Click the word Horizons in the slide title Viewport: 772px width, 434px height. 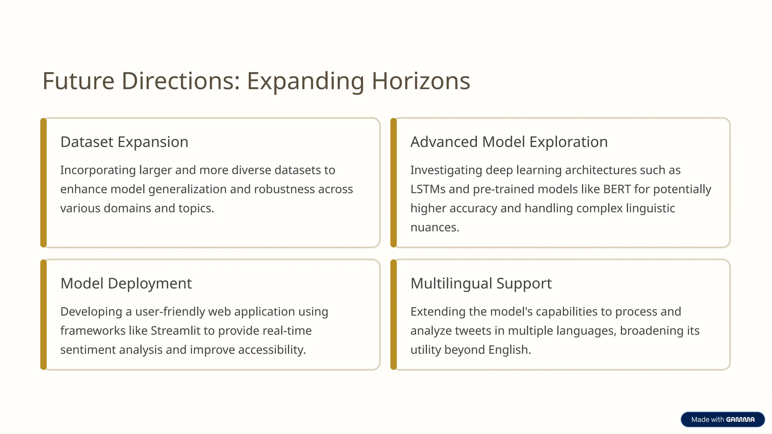click(421, 81)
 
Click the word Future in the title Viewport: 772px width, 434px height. click(78, 81)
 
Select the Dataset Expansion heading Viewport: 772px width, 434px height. click(124, 142)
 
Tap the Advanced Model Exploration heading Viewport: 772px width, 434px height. click(509, 142)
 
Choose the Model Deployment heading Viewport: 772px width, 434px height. click(126, 283)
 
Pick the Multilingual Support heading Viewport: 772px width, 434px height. click(481, 283)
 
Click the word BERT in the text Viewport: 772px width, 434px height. click(617, 189)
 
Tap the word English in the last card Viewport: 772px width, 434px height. click(509, 350)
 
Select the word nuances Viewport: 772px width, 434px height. click(434, 228)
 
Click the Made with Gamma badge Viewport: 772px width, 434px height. click(723, 419)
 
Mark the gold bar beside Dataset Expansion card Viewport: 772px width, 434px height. click(44, 183)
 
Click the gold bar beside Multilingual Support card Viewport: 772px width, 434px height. click(394, 315)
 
